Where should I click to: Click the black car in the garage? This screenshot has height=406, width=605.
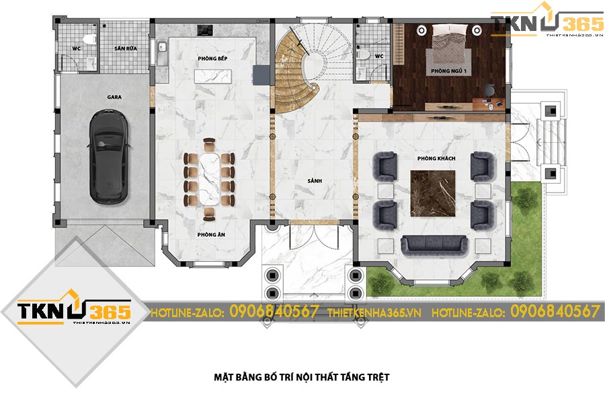pyautogui.click(x=109, y=156)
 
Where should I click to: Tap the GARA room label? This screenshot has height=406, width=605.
pyautogui.click(x=114, y=97)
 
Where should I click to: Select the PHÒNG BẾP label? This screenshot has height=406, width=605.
pyautogui.click(x=212, y=59)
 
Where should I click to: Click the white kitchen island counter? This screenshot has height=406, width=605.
pyautogui.click(x=212, y=76)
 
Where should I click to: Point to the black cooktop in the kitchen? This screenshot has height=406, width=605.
pyautogui.click(x=204, y=30)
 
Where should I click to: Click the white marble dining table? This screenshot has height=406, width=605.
pyautogui.click(x=209, y=179)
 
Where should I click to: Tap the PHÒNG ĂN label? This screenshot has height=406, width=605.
pyautogui.click(x=211, y=234)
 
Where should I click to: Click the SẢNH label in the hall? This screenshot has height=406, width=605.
pyautogui.click(x=315, y=181)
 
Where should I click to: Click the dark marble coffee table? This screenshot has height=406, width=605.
pyautogui.click(x=432, y=193)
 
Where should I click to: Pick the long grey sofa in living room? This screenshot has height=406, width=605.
pyautogui.click(x=434, y=246)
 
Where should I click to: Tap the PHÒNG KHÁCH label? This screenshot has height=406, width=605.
pyautogui.click(x=436, y=158)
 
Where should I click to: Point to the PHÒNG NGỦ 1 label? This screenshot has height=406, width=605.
pyautogui.click(x=449, y=71)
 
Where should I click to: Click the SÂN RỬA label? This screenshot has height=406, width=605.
pyautogui.click(x=126, y=48)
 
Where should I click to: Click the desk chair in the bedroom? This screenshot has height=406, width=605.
pyautogui.click(x=489, y=90)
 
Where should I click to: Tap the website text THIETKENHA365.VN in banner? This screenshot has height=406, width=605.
pyautogui.click(x=374, y=312)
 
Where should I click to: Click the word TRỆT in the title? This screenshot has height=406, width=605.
pyautogui.click(x=378, y=378)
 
